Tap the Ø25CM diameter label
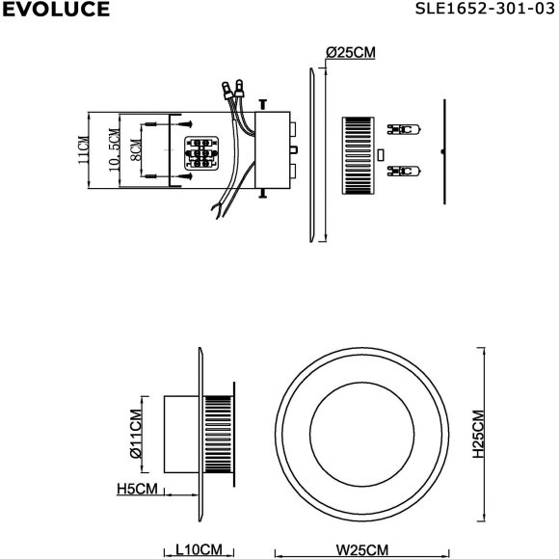coord(351,53)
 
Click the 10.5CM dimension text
coord(114,150)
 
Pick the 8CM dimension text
coord(136,150)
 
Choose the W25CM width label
coord(362,550)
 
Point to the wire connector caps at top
coord(231,91)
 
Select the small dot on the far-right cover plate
coord(440,152)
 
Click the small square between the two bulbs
coord(382,153)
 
